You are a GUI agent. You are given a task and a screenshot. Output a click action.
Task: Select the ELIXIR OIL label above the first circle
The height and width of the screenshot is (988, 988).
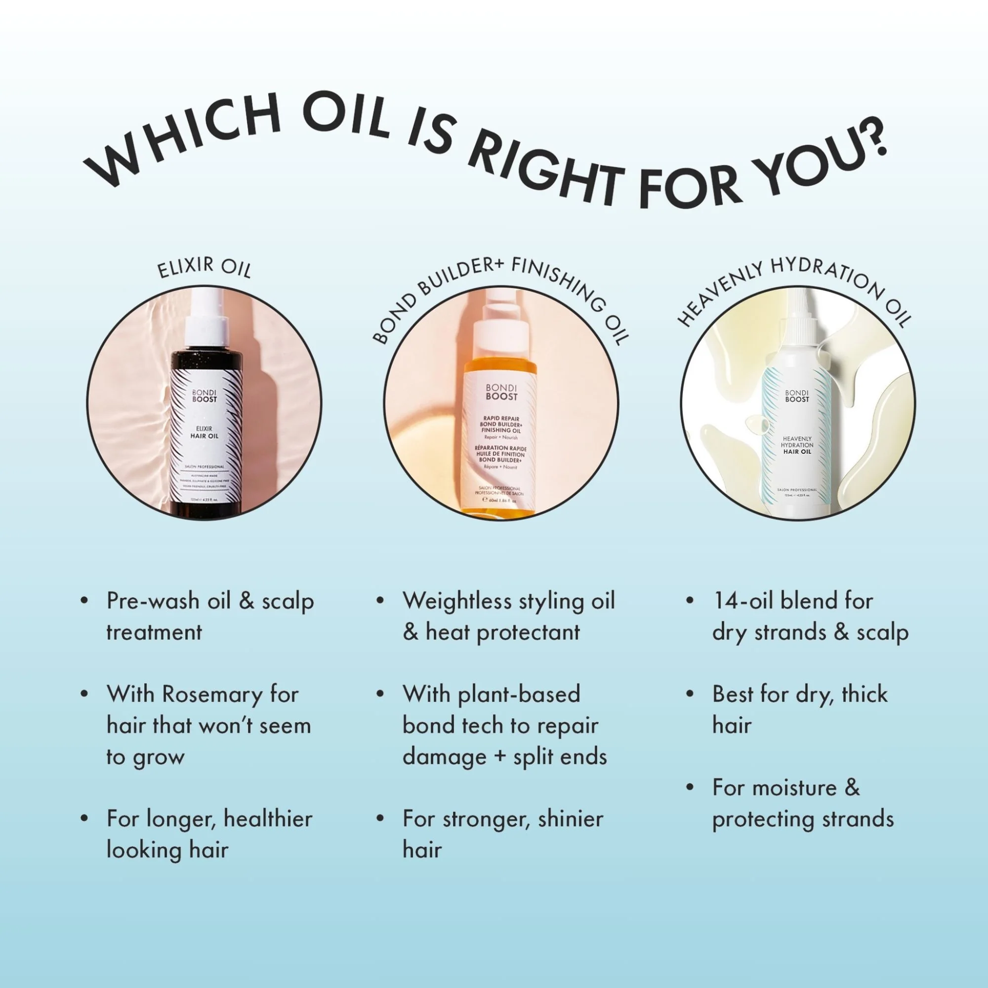(204, 267)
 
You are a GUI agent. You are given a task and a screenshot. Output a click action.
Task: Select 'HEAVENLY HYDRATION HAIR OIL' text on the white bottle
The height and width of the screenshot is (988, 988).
(797, 445)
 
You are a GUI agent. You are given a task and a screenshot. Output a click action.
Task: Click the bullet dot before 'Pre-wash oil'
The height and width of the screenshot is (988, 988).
(84, 600)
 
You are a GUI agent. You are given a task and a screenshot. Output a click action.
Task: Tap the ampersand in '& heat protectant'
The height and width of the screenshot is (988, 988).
(410, 633)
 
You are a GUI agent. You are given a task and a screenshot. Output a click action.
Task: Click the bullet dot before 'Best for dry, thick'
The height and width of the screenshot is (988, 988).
(690, 694)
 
